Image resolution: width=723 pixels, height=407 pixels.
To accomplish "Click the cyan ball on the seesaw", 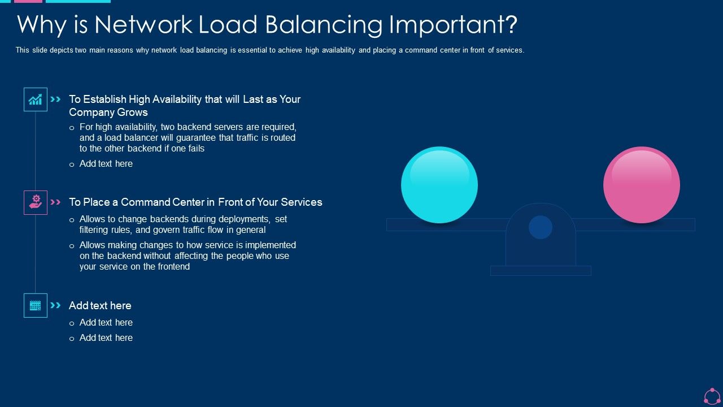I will (x=439, y=185).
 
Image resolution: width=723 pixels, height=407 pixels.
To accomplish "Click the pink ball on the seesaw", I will (x=641, y=185).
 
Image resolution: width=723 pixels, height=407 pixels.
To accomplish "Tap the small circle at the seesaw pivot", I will (x=540, y=227).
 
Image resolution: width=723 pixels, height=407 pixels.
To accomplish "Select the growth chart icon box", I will (x=35, y=99).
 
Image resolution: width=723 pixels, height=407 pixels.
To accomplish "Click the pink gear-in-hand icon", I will (x=35, y=202).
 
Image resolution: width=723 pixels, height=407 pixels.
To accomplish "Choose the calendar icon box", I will (x=35, y=305).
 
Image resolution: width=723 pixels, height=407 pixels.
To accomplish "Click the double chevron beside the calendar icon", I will (x=55, y=305).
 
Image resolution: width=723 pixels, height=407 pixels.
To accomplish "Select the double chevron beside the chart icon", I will (x=55, y=99).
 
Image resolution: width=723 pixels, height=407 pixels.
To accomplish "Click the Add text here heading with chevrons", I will (x=100, y=305).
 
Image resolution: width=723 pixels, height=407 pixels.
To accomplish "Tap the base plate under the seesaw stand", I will (x=540, y=271).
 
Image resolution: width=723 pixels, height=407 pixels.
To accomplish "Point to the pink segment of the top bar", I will (x=28, y=1).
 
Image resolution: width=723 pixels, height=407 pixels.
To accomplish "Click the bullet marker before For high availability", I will (x=72, y=128).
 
